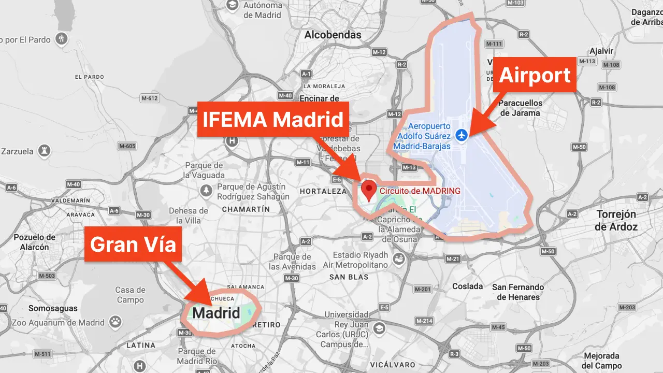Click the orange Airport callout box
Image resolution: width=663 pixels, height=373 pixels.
point(535,75)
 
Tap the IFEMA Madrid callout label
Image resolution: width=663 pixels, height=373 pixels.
point(273,120)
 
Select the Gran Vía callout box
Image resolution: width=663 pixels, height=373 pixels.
point(133,244)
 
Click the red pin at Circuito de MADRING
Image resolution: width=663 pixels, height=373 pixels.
point(368,190)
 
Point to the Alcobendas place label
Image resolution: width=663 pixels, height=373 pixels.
point(333,35)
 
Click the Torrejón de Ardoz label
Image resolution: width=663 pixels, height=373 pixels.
point(616,220)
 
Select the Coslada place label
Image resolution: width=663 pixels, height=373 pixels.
point(467,286)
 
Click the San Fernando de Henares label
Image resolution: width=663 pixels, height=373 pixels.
point(518,292)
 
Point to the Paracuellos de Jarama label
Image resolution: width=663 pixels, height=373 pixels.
point(520,108)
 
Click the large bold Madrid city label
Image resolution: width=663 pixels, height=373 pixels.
point(216,313)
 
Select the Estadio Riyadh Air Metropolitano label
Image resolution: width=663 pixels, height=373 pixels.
point(361,260)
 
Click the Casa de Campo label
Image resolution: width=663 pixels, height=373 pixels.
point(130,295)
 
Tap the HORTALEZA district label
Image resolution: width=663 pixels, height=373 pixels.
point(323,191)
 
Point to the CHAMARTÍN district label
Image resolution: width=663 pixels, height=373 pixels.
point(246,209)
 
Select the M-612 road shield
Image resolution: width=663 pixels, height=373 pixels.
point(149,98)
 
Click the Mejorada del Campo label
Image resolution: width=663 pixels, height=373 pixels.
point(601,361)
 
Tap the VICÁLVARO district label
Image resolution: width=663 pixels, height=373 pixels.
point(393,365)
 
